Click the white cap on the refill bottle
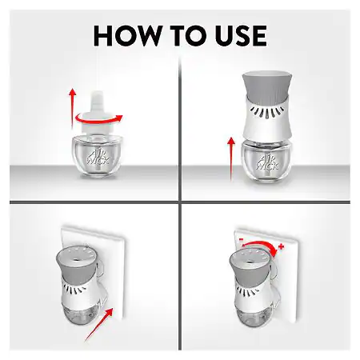click(98, 112)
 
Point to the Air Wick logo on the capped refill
click(98, 158)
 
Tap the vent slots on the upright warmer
click(267, 111)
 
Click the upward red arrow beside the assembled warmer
click(231, 159)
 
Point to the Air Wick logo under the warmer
click(267, 162)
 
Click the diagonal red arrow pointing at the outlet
click(99, 325)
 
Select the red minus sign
click(241, 240)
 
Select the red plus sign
click(281, 246)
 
